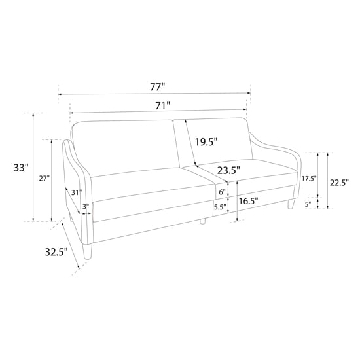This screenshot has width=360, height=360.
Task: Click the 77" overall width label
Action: click(158, 87)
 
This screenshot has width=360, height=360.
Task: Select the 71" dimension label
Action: click(162, 106)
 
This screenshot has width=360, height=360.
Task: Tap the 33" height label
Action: click(21, 168)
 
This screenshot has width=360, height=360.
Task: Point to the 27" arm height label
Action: click(44, 179)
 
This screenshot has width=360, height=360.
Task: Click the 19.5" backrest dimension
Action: click(206, 141)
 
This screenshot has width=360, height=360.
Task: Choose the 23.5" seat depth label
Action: click(228, 170)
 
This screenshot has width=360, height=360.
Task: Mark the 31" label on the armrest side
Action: click(76, 192)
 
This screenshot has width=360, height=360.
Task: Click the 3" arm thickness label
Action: click(86, 207)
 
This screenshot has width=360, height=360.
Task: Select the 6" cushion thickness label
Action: click(222, 192)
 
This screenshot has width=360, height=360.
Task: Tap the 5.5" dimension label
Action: click(220, 207)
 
